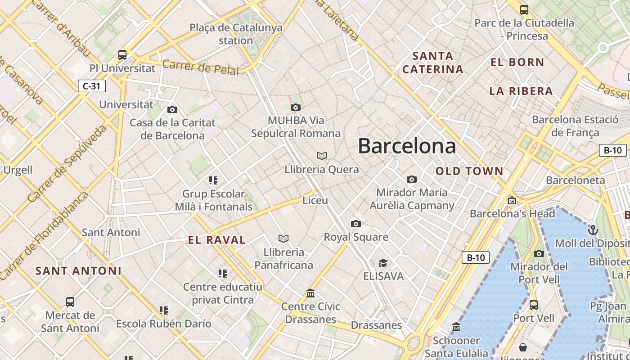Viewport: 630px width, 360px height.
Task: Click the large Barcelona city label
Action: tap(407, 146)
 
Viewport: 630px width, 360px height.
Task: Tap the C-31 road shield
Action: tap(92, 85)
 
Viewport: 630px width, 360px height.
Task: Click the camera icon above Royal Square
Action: tap(355, 224)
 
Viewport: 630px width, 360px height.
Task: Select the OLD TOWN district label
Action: tap(469, 171)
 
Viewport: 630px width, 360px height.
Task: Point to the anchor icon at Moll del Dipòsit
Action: tap(593, 230)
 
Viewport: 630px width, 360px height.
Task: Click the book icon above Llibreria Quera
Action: tap(321, 156)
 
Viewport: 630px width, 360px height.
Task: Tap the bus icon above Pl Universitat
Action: tap(122, 55)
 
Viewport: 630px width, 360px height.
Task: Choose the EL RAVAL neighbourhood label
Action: tap(217, 240)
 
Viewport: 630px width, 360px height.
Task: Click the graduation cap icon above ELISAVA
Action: tap(383, 263)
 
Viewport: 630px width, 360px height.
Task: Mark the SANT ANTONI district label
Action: tap(78, 271)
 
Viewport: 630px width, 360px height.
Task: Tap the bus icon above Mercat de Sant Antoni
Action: tap(70, 301)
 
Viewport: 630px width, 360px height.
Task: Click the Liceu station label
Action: tap(315, 200)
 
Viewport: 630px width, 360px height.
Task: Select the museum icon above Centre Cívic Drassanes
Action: tap(310, 293)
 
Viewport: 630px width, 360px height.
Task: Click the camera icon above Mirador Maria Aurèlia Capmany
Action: tap(411, 179)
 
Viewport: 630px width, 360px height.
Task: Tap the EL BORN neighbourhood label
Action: tap(517, 62)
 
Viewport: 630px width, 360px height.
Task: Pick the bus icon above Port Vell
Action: tap(533, 305)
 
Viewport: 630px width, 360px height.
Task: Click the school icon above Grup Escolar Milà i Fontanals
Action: tap(213, 180)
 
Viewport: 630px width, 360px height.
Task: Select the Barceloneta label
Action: tap(575, 180)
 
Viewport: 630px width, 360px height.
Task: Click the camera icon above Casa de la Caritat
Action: tap(172, 109)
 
